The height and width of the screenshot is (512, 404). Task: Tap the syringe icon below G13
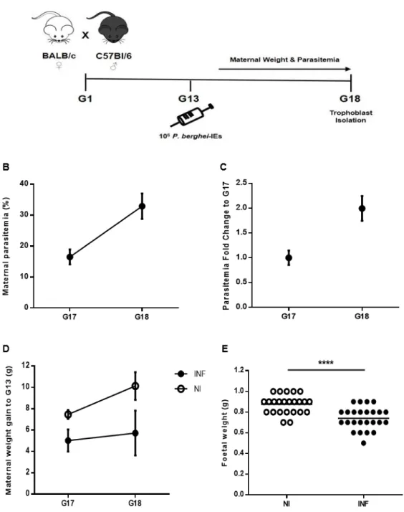[191, 115]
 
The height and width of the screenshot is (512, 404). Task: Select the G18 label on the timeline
[350, 99]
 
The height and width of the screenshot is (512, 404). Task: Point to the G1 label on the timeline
[85, 99]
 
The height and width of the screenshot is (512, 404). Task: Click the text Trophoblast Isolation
[350, 117]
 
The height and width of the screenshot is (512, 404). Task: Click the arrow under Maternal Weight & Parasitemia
[284, 69]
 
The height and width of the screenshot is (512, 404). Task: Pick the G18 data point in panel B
[142, 206]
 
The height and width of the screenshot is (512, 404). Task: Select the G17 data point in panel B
[69, 257]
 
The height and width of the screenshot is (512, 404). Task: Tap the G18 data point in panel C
[362, 209]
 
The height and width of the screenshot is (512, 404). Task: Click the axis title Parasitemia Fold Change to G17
[226, 245]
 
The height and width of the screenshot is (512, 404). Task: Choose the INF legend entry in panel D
[190, 374]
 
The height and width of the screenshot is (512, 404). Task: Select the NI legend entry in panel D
[188, 389]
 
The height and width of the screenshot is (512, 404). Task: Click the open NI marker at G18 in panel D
[135, 387]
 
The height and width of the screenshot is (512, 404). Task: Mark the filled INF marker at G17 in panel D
[68, 440]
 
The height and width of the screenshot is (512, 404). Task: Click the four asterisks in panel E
[326, 363]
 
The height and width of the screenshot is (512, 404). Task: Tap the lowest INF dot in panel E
[364, 443]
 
